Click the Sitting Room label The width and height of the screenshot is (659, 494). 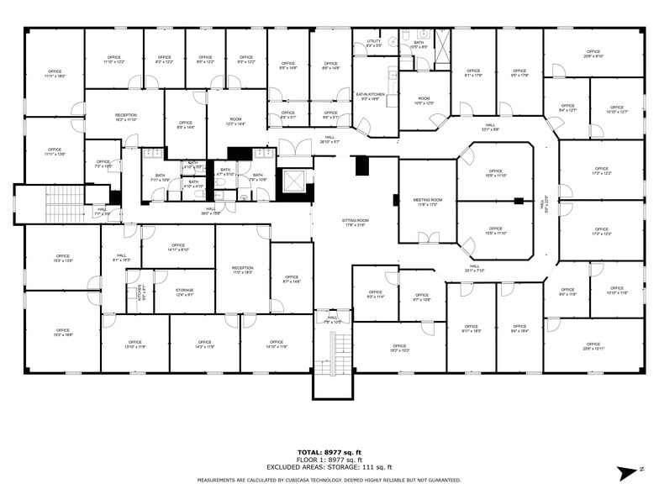click(356, 222)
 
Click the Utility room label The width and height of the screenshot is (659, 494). click(374, 42)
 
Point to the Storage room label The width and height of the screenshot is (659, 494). click(184, 292)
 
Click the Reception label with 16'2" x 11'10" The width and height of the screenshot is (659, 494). click(126, 117)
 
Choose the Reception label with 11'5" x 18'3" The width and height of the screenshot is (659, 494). click(242, 271)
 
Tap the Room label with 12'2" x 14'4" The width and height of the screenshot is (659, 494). click(235, 121)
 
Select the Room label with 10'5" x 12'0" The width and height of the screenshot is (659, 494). click(424, 101)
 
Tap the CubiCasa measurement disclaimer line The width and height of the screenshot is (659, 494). click(329, 481)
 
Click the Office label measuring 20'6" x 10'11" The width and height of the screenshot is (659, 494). click(593, 345)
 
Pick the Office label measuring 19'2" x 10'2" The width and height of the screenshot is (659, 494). click(398, 348)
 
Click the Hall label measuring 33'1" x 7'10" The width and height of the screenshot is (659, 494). click(475, 269)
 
